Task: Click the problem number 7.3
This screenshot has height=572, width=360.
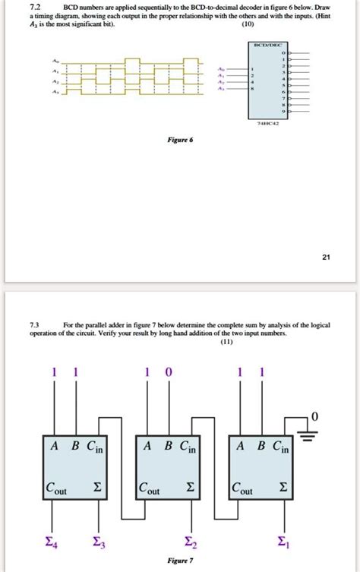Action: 35,325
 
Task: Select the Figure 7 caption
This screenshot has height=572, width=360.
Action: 180,561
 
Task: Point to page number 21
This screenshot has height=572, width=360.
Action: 325,258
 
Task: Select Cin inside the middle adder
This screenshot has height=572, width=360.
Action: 187,447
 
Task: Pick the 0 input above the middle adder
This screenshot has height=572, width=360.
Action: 169,373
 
